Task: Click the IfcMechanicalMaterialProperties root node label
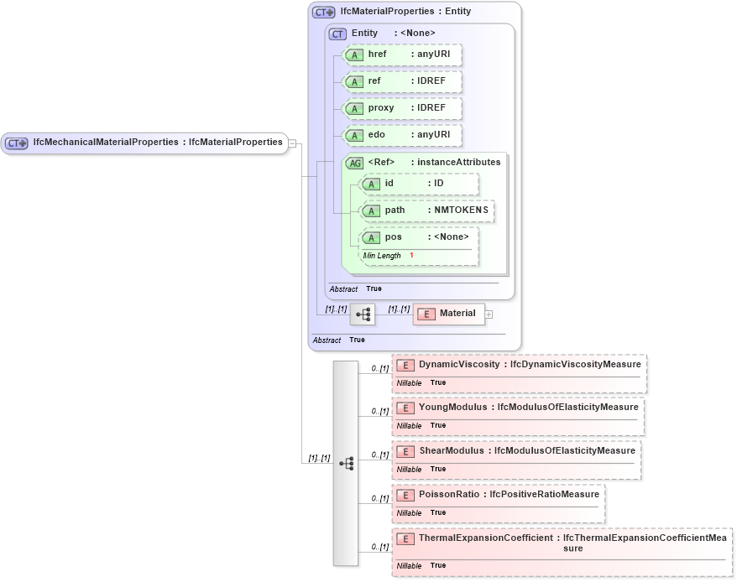157,143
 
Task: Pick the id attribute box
419,184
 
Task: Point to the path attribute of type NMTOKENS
426,210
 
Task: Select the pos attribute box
419,237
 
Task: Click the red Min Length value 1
411,255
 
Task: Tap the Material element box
449,314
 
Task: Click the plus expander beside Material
489,314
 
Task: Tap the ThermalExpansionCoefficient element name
487,538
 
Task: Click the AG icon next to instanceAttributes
354,163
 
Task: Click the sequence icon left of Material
363,314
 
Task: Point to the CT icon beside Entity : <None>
337,34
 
